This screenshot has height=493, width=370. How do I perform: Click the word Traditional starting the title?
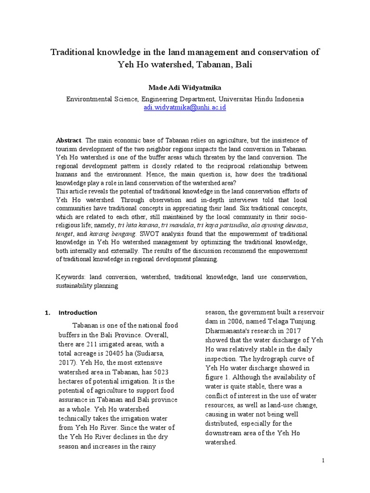[x=72, y=52]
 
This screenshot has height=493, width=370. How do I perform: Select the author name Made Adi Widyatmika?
[x=185, y=87]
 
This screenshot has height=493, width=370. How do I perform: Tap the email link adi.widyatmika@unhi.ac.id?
[x=185, y=107]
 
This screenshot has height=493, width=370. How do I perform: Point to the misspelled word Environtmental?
[x=90, y=99]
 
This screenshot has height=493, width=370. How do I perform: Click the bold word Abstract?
[x=68, y=140]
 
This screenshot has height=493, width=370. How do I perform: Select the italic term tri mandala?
[x=175, y=225]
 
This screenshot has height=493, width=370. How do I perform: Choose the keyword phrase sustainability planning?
[x=87, y=285]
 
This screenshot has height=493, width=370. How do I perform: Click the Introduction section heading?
[x=78, y=312]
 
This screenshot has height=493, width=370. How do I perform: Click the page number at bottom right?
[x=324, y=461]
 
